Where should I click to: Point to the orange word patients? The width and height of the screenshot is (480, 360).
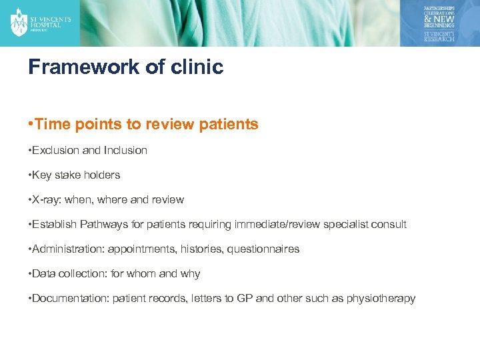(227, 125)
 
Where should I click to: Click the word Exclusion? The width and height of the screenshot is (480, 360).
(57, 151)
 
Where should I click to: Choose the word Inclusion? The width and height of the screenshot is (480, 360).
(125, 151)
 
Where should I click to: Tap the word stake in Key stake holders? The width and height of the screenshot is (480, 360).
(69, 175)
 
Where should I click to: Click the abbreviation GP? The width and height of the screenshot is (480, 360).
(245, 299)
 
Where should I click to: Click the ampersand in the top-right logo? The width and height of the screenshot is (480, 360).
(429, 19)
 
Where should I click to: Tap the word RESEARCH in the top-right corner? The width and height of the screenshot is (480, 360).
(439, 39)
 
